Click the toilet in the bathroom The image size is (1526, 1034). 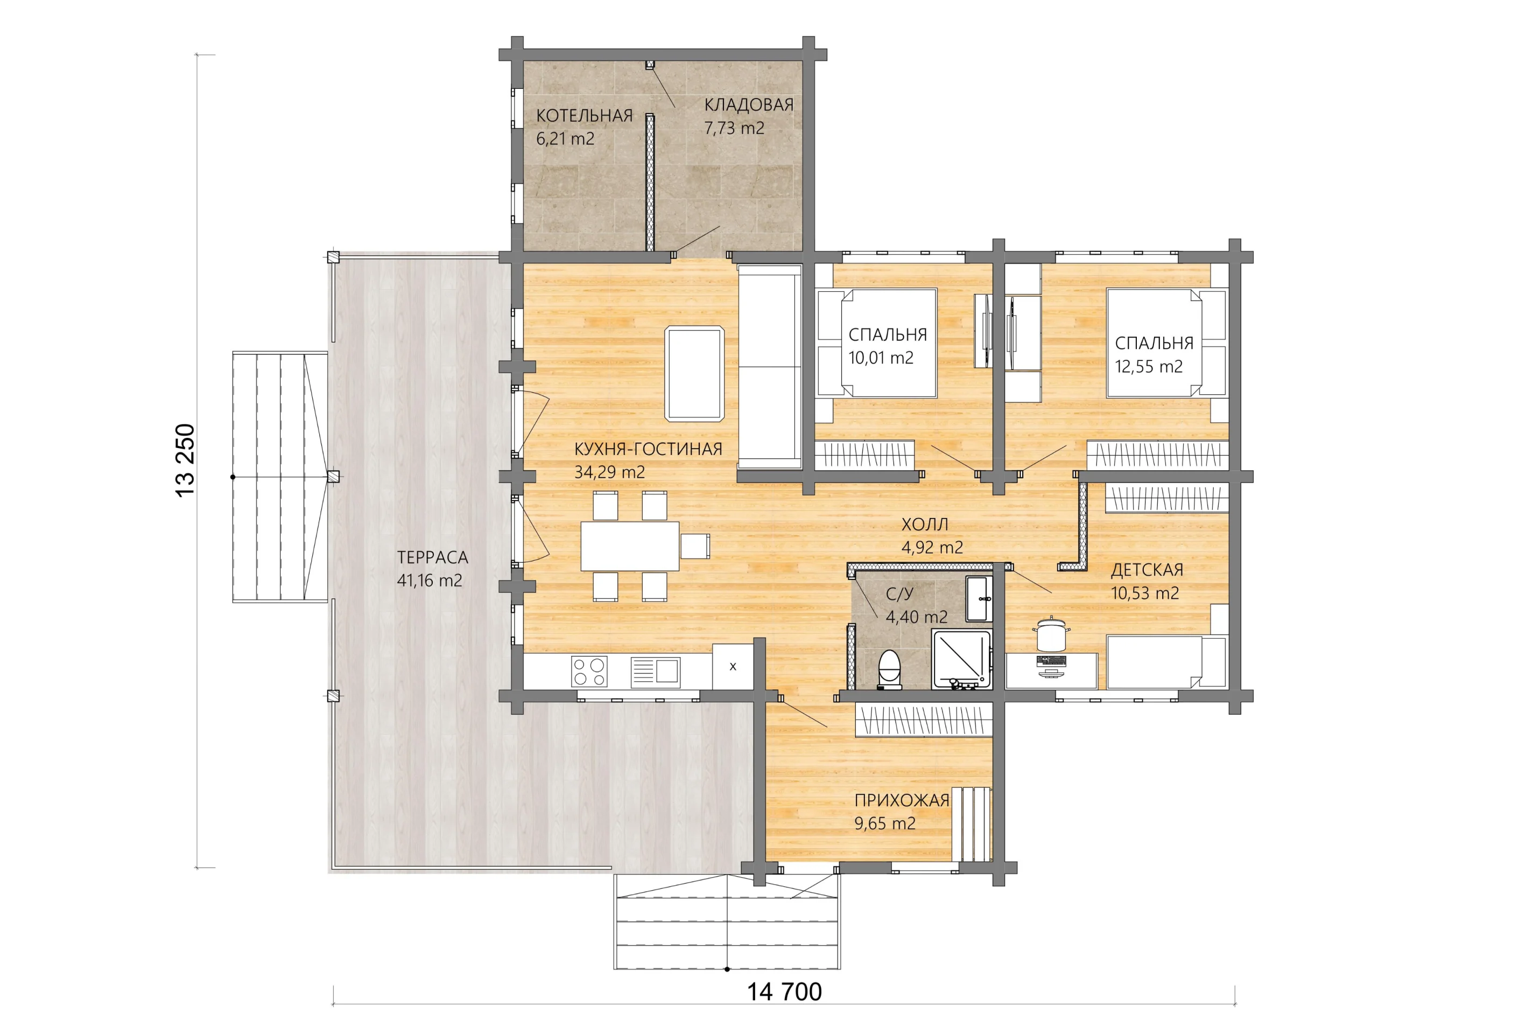890,669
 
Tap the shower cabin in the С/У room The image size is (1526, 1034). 961,659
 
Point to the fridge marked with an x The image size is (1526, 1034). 733,666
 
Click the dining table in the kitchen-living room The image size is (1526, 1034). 630,546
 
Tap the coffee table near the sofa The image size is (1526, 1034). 695,374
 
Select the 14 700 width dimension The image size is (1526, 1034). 784,991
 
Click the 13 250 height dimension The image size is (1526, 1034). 185,460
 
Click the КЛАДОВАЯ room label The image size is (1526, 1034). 749,104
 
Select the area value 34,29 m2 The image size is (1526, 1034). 609,472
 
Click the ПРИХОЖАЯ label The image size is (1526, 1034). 902,800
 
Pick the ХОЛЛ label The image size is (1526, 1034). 925,524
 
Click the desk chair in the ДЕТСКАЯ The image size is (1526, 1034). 1051,633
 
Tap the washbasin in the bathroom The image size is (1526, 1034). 979,598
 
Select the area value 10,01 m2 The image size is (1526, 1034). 881,358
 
